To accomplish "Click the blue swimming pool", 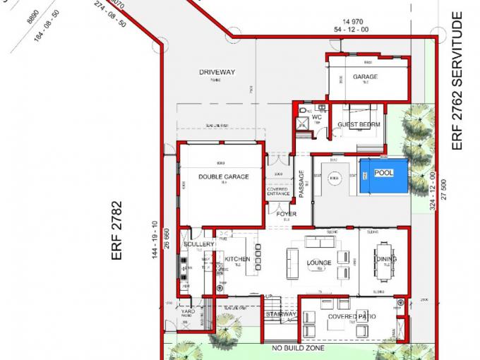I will [x=384, y=176].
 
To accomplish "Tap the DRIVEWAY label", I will [x=217, y=73].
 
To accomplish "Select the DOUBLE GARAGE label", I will [x=223, y=176].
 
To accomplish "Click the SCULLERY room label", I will [x=198, y=244].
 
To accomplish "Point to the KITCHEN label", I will [x=237, y=259].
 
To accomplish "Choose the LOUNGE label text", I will [x=319, y=263].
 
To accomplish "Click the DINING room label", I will [x=385, y=259].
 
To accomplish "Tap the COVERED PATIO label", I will [x=352, y=317].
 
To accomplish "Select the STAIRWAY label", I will [x=281, y=314].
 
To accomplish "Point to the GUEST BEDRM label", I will [x=359, y=125].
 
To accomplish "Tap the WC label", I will [x=317, y=117].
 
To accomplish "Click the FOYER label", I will [x=286, y=214].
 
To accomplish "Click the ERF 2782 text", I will [x=118, y=231].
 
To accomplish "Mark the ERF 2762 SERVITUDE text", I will [x=457, y=80].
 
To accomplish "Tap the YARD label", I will [x=188, y=311].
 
